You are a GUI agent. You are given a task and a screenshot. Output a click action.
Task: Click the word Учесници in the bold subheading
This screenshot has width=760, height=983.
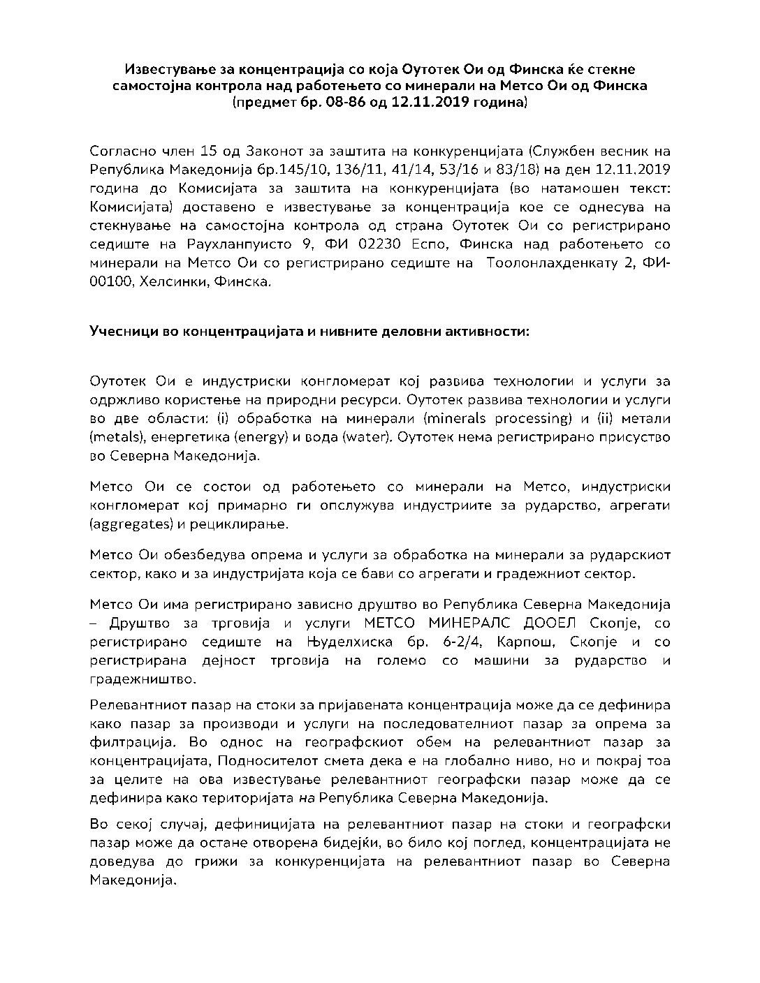point(120,332)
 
